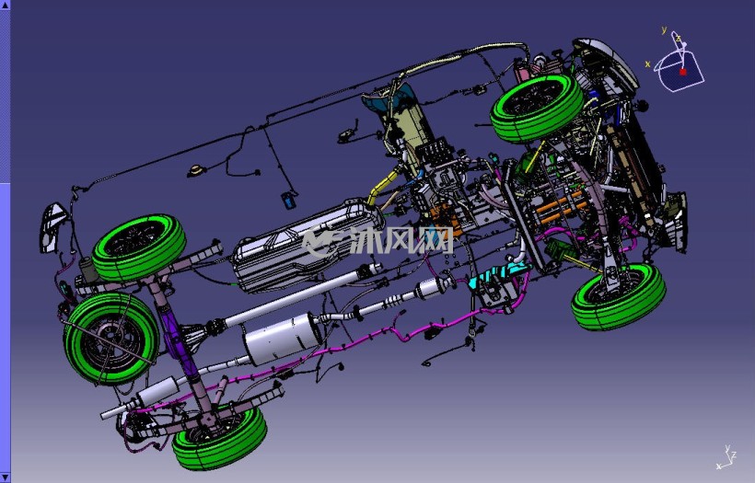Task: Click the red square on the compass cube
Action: [683, 72]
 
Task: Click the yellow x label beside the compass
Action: [647, 64]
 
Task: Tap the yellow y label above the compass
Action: [664, 29]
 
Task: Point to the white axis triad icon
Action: [727, 457]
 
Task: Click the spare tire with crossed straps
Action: [111, 338]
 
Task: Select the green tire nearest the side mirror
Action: [139, 247]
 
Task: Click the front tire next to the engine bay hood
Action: [537, 108]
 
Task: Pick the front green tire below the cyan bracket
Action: [619, 296]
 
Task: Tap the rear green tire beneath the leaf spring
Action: [219, 437]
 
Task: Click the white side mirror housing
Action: [51, 227]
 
